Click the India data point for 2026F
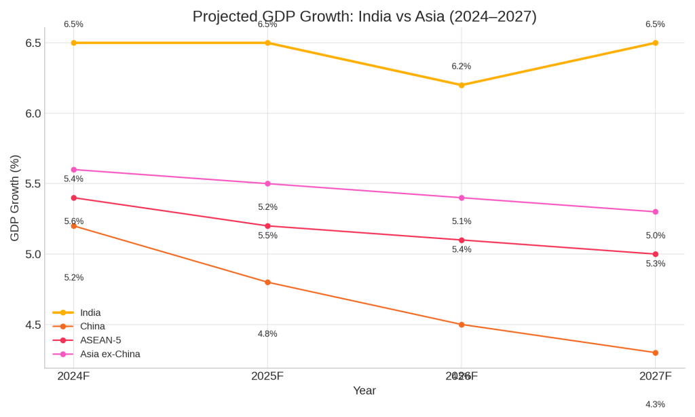click(x=462, y=85)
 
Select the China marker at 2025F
click(x=267, y=283)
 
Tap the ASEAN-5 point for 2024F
click(x=74, y=198)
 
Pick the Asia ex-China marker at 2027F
click(x=655, y=212)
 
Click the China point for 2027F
click(x=655, y=352)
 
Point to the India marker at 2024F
click(x=74, y=43)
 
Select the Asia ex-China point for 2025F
click(x=267, y=183)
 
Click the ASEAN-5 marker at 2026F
click(x=462, y=240)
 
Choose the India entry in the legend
click(x=90, y=312)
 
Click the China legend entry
click(x=92, y=326)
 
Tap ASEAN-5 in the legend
click(x=100, y=340)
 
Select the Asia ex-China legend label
click(x=110, y=354)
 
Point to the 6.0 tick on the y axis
click(x=33, y=113)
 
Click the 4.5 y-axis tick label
click(x=33, y=325)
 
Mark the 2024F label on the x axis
click(x=73, y=376)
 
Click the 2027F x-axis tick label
click(x=655, y=376)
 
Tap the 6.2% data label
click(x=462, y=67)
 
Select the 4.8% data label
click(x=267, y=333)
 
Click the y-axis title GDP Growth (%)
click(x=15, y=198)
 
